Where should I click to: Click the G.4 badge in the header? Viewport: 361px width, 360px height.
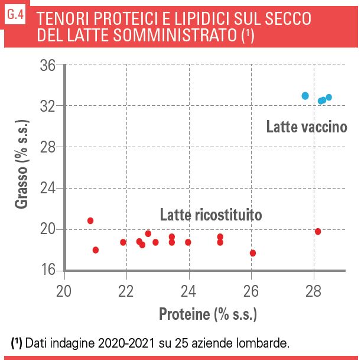point(15,17)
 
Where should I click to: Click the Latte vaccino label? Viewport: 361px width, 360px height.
point(305,127)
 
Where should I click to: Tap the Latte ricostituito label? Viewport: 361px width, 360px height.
point(211,215)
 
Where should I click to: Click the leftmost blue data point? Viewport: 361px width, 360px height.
point(305,96)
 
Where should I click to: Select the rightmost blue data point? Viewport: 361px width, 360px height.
point(329,98)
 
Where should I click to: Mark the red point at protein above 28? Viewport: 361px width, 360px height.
point(318,231)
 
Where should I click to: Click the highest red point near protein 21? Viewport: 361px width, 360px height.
point(90,220)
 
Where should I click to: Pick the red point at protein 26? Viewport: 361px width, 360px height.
point(253,253)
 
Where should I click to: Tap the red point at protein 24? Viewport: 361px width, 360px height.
point(188,242)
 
